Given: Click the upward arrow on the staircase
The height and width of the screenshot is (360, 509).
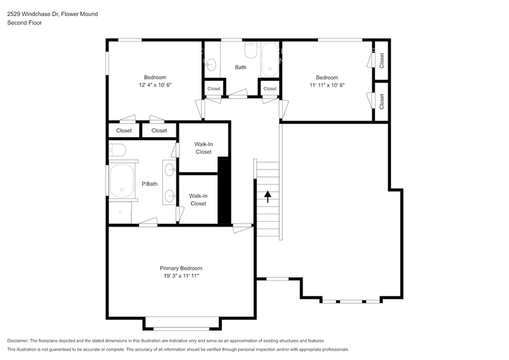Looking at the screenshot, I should pyautogui.click(x=267, y=197).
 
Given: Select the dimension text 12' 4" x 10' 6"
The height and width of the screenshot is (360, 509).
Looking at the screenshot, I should pyautogui.click(x=155, y=85).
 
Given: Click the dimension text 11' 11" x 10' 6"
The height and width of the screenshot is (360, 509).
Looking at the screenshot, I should pyautogui.click(x=326, y=85).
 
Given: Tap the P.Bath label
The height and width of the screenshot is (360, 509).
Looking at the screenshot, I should pyautogui.click(x=148, y=183).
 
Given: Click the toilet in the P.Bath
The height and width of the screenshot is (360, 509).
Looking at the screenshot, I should pyautogui.click(x=117, y=150).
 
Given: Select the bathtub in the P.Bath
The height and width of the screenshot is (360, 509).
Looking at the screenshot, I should pyautogui.click(x=123, y=182).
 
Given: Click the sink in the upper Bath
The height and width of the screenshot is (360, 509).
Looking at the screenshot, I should pyautogui.click(x=211, y=63).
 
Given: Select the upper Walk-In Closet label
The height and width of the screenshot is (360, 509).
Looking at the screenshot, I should pyautogui.click(x=203, y=148).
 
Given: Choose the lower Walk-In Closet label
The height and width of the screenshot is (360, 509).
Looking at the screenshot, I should pyautogui.click(x=198, y=200).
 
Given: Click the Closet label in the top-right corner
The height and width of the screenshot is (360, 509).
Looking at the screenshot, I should pyautogui.click(x=382, y=60).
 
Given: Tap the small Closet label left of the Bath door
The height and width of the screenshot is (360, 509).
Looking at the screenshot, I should pyautogui.click(x=213, y=89).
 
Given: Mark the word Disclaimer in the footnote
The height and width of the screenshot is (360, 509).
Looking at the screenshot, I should pyautogui.click(x=18, y=340).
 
